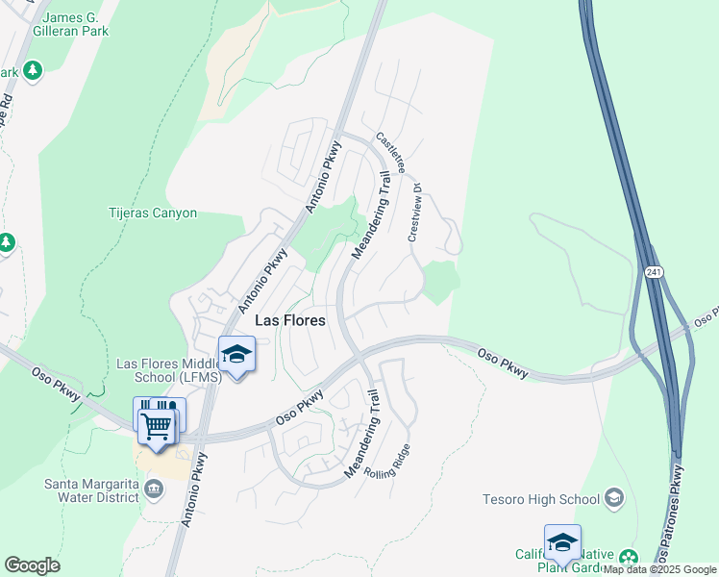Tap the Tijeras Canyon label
coord(153,213)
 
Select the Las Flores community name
coord(289,320)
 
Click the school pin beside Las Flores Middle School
coord(236,354)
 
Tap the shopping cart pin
coord(156,423)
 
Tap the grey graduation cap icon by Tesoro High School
coord(614,498)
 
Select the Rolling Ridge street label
coord(389,468)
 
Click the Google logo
coord(32,565)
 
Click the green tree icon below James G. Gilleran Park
coord(33,70)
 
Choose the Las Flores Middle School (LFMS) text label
coord(169,370)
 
